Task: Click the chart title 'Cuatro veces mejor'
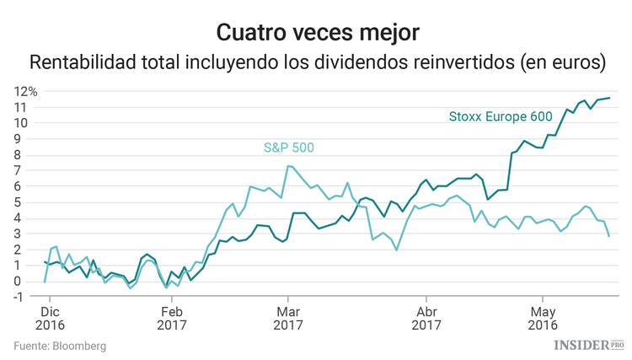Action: pyautogui.click(x=316, y=32)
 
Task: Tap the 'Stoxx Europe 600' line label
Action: pyautogui.click(x=501, y=116)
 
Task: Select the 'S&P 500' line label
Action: pyautogui.click(x=288, y=148)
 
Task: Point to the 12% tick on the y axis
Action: pyautogui.click(x=24, y=91)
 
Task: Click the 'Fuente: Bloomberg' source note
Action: pyautogui.click(x=60, y=346)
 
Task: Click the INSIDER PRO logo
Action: pyautogui.click(x=588, y=345)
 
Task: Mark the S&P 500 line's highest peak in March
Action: pyautogui.click(x=288, y=166)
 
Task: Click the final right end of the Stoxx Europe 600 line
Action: pyautogui.click(x=610, y=98)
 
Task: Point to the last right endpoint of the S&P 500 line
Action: pyautogui.click(x=610, y=236)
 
